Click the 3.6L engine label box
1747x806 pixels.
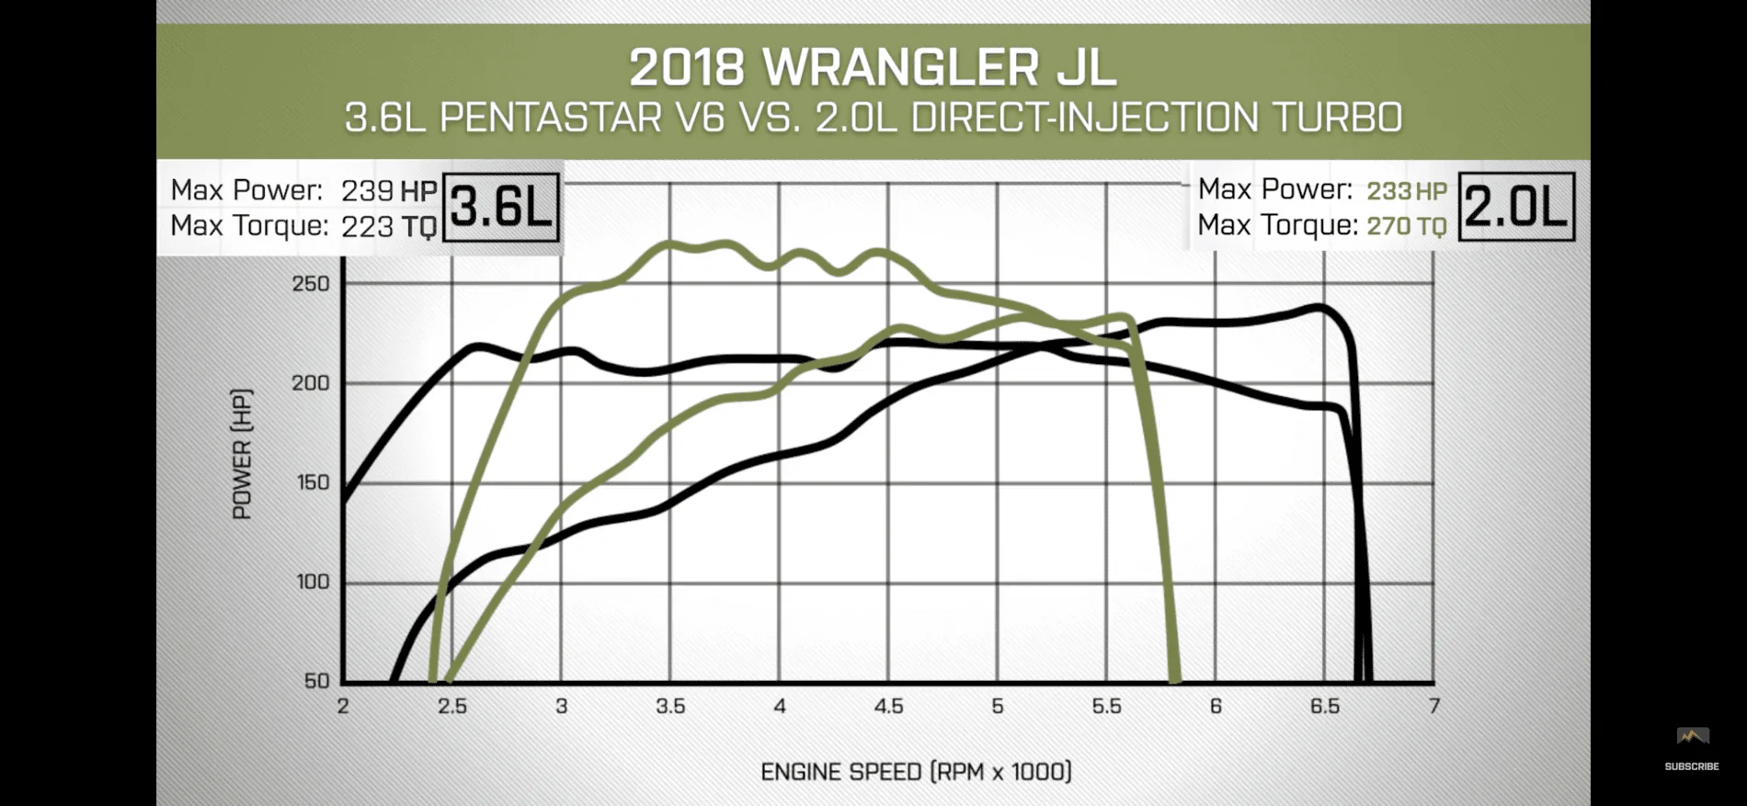pyautogui.click(x=501, y=208)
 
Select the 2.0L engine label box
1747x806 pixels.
pyautogui.click(x=1516, y=207)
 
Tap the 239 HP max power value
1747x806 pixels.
pyautogui.click(x=389, y=190)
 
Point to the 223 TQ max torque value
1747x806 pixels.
pyautogui.click(x=387, y=226)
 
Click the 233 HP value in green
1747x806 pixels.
pyautogui.click(x=1407, y=191)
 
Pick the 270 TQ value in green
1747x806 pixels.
pyautogui.click(x=1407, y=226)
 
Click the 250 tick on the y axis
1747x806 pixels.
pyautogui.click(x=311, y=284)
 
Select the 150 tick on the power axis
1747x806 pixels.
pyautogui.click(x=311, y=482)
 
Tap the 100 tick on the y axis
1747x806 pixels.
pyautogui.click(x=311, y=582)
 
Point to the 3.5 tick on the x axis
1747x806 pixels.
pyautogui.click(x=670, y=706)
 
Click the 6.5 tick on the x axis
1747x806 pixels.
pyautogui.click(x=1325, y=706)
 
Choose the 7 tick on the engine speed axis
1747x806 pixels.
pyautogui.click(x=1434, y=706)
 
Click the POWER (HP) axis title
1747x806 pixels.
pyautogui.click(x=242, y=454)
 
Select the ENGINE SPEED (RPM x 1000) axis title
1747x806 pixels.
pyautogui.click(x=917, y=771)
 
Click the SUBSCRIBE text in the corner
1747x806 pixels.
pyautogui.click(x=1692, y=766)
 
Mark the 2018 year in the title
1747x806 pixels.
pyautogui.click(x=687, y=68)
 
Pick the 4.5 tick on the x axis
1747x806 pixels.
pyautogui.click(x=888, y=706)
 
